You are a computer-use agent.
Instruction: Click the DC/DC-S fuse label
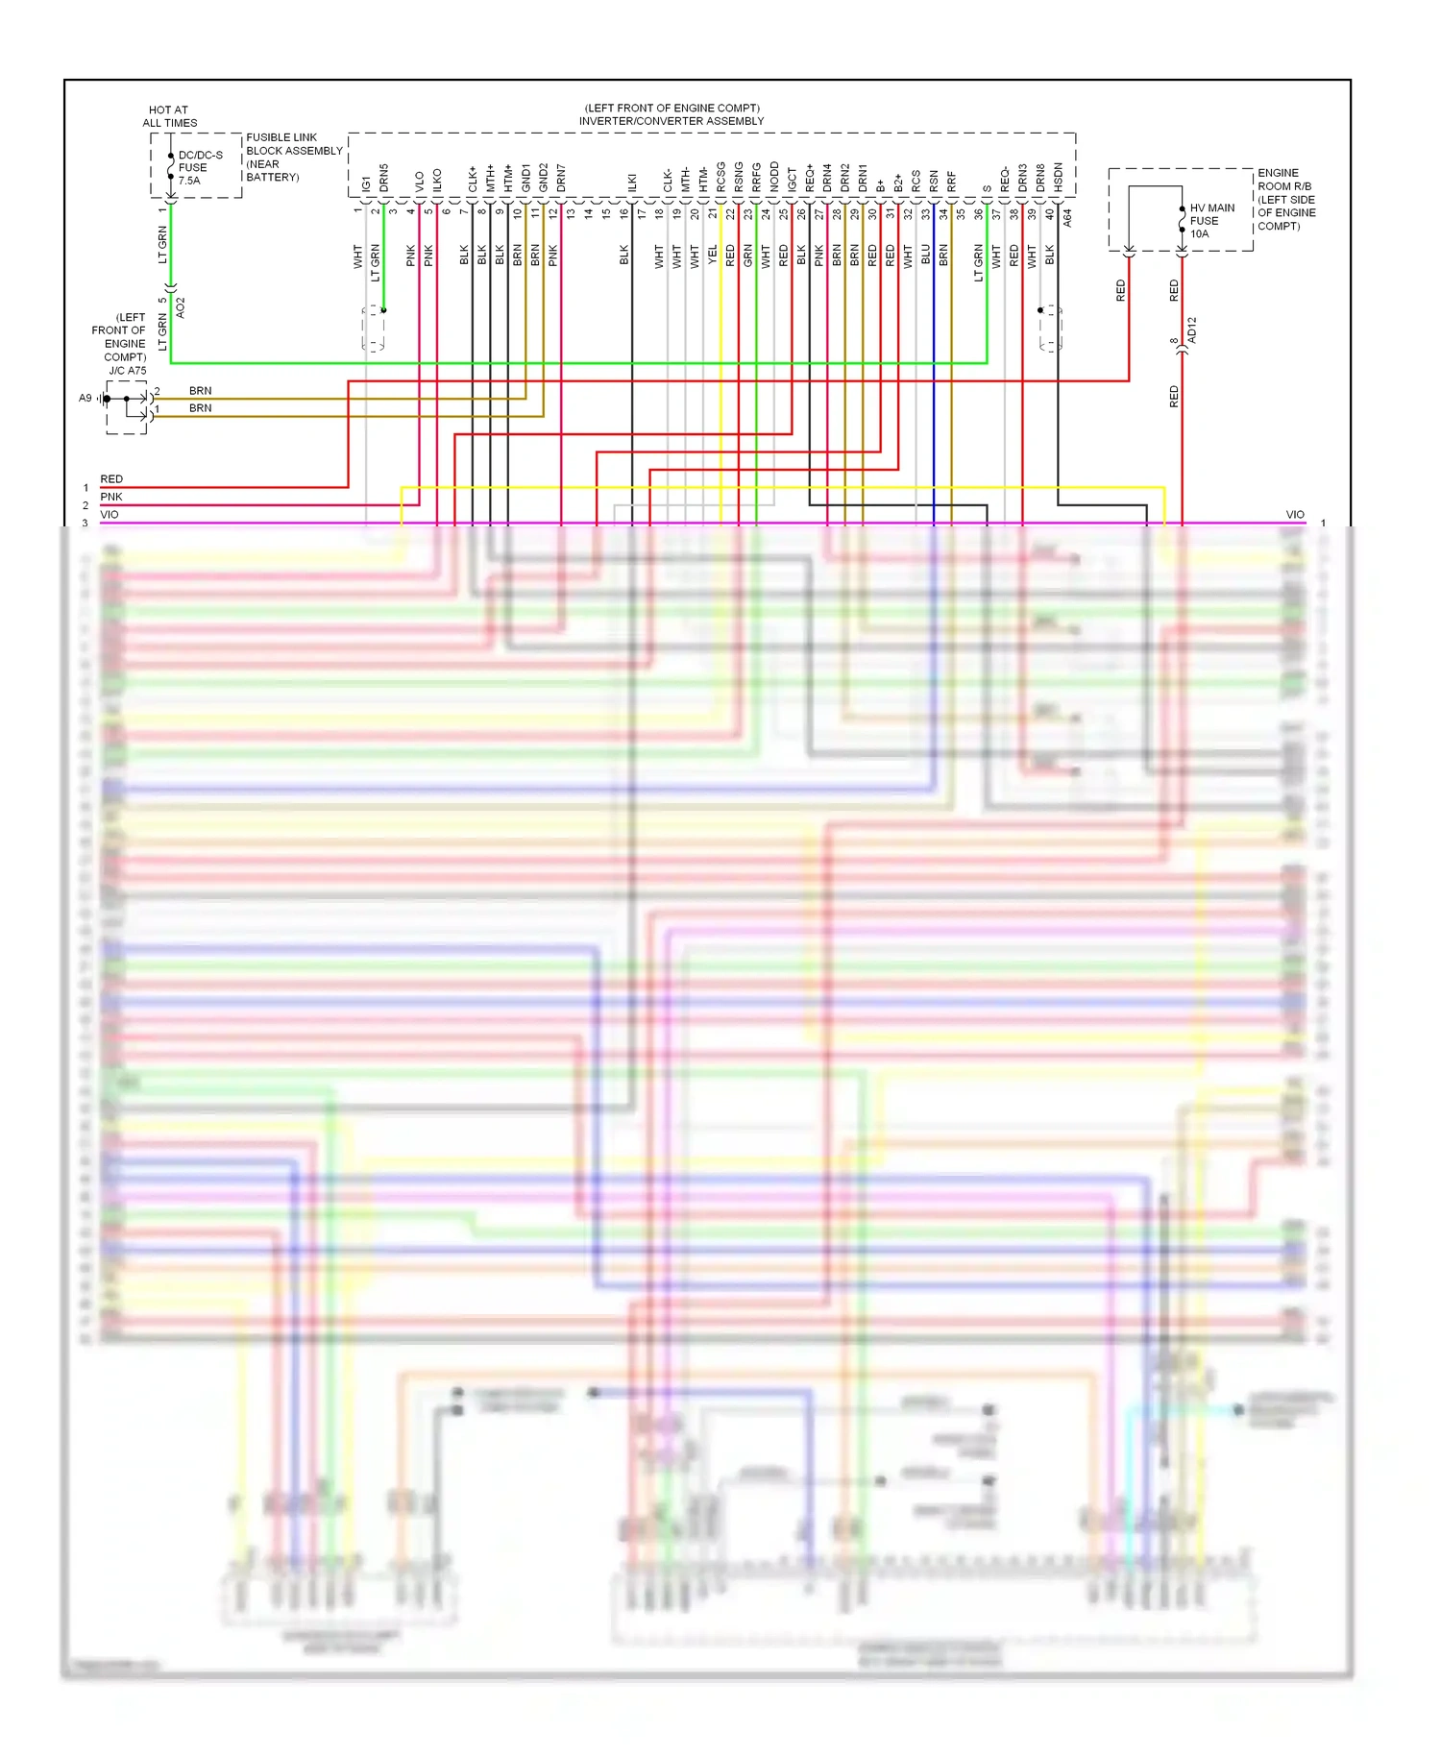(x=200, y=167)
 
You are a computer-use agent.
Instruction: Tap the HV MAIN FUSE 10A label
(x=1211, y=221)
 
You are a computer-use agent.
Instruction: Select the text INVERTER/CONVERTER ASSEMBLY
(x=671, y=121)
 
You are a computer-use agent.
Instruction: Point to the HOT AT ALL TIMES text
(x=169, y=116)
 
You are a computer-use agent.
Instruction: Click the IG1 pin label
(x=366, y=183)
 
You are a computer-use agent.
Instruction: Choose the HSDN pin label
(x=1058, y=178)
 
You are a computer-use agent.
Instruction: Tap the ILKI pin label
(x=632, y=183)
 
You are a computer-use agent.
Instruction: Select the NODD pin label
(x=774, y=178)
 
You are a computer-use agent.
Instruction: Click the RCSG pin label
(x=720, y=178)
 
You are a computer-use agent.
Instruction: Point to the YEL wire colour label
(x=712, y=255)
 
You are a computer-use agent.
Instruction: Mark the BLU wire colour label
(x=925, y=255)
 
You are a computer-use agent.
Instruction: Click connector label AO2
(x=180, y=308)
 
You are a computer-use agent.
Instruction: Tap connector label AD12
(x=1192, y=329)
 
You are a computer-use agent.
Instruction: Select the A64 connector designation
(x=1067, y=218)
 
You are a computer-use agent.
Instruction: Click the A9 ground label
(x=85, y=398)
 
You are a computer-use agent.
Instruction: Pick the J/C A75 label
(x=127, y=371)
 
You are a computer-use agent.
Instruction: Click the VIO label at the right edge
(x=1295, y=515)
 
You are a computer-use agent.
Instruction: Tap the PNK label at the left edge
(x=111, y=497)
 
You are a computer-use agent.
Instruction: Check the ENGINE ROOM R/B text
(x=1284, y=180)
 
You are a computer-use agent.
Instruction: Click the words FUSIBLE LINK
(x=281, y=137)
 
